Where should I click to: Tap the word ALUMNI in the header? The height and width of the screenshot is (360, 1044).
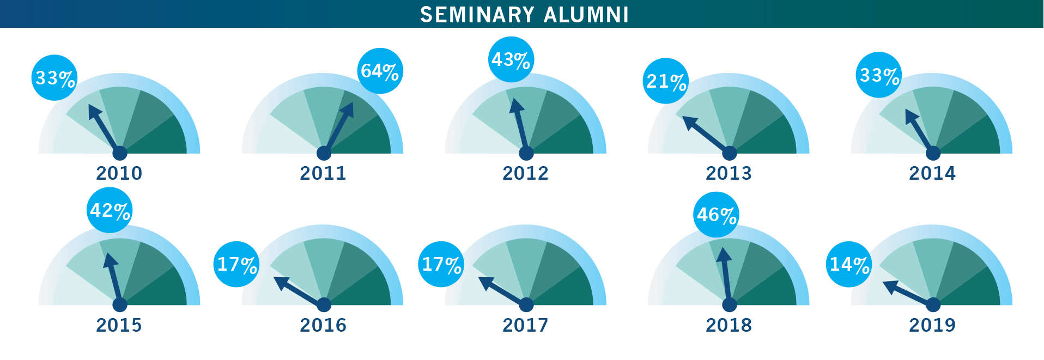tap(586, 15)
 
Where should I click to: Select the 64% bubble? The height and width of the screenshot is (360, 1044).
tap(380, 71)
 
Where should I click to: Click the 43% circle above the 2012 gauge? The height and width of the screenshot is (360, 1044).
tap(511, 59)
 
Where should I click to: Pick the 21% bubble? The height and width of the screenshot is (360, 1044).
tap(666, 81)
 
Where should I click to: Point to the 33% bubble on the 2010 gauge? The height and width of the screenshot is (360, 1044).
tap(54, 78)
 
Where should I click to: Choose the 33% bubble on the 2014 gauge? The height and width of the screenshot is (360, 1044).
tap(879, 75)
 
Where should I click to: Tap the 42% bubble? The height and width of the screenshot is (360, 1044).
tap(110, 210)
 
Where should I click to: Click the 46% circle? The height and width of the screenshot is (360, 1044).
tap(717, 215)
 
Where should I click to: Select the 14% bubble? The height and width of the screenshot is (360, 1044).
tap(849, 264)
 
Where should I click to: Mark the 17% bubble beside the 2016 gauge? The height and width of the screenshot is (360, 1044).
tap(236, 264)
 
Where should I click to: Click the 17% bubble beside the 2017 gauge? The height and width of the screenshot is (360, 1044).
tap(441, 264)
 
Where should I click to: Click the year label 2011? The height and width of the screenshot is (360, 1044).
tap(323, 173)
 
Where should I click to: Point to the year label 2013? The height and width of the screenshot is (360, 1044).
tap(729, 173)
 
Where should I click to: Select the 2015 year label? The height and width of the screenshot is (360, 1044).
tap(119, 325)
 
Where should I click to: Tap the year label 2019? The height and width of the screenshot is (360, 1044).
tap(932, 325)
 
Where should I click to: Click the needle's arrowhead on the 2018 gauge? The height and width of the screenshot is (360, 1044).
tap(723, 255)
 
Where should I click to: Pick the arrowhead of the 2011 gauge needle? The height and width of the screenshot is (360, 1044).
tap(349, 108)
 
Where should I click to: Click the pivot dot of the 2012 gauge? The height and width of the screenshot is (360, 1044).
tap(526, 153)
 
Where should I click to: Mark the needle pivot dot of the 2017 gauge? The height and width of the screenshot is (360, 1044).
tap(526, 304)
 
